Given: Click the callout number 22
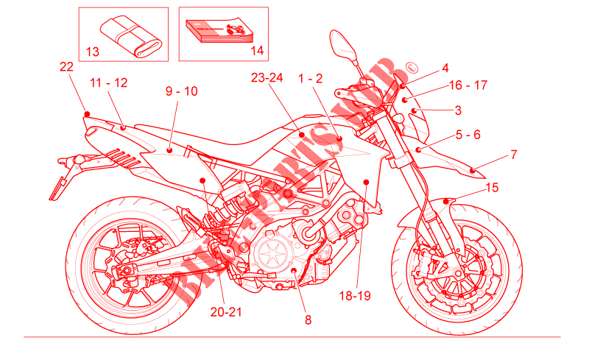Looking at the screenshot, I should pos(67,66).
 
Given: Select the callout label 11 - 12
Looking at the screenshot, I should pos(109,82).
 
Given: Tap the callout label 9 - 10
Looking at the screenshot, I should pos(181,92).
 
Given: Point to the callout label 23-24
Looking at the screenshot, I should pos(267,77).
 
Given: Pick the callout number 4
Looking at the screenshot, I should pos(445,68).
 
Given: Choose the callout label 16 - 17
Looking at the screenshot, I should pos(468,85).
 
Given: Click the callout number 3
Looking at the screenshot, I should pos(458,110).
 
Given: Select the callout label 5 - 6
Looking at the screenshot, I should pos(468,135).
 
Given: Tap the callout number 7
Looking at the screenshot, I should pos(513,155).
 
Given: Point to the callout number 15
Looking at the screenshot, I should pos(492,188).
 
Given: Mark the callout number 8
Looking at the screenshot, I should pos(308,320).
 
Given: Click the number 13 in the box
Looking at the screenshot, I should pos(93,52).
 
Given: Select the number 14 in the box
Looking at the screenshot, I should pos(256,51).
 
